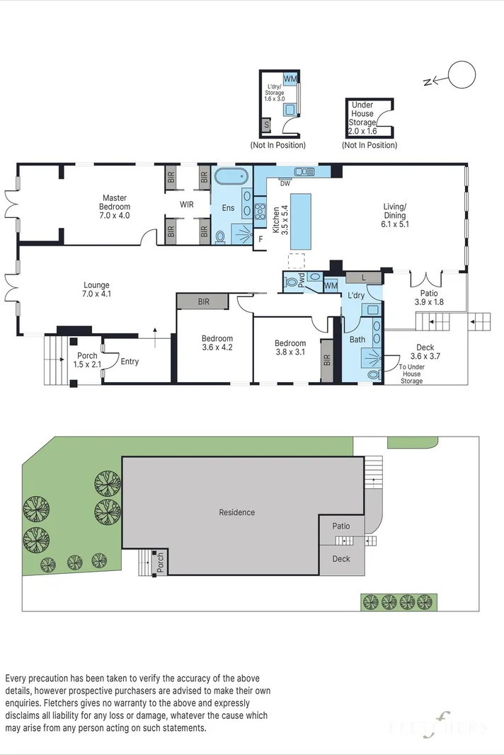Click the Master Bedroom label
[x=115, y=207]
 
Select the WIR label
[x=186, y=204]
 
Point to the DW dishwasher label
[x=285, y=183]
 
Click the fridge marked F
[x=260, y=239]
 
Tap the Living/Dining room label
[x=394, y=215]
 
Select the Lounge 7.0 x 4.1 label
[x=96, y=289]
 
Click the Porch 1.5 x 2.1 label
[x=87, y=359]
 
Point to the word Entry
[x=130, y=362]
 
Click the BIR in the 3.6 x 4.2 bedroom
[x=203, y=301]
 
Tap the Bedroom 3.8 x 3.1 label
[x=290, y=347]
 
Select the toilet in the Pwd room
[x=291, y=281]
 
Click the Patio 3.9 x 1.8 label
[x=429, y=298]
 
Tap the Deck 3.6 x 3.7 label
[x=425, y=352]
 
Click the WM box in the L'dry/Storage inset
[x=290, y=78]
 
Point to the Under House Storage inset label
[x=363, y=118]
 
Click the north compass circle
[x=462, y=75]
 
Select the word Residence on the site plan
[x=236, y=512]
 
